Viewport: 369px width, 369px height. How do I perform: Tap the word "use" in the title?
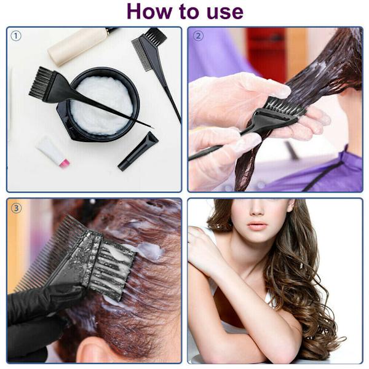coord(225,12)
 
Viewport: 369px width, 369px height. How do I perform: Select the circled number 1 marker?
coord(16,36)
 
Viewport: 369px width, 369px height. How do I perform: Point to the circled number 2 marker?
coord(198,36)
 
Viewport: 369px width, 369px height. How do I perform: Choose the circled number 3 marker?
coord(16,208)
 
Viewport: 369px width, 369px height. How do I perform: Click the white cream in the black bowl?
coord(101,105)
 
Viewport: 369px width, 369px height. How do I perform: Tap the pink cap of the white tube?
coord(64,163)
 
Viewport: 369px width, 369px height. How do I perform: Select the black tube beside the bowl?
coord(138,151)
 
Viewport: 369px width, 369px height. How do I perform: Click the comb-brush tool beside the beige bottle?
coord(156,71)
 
